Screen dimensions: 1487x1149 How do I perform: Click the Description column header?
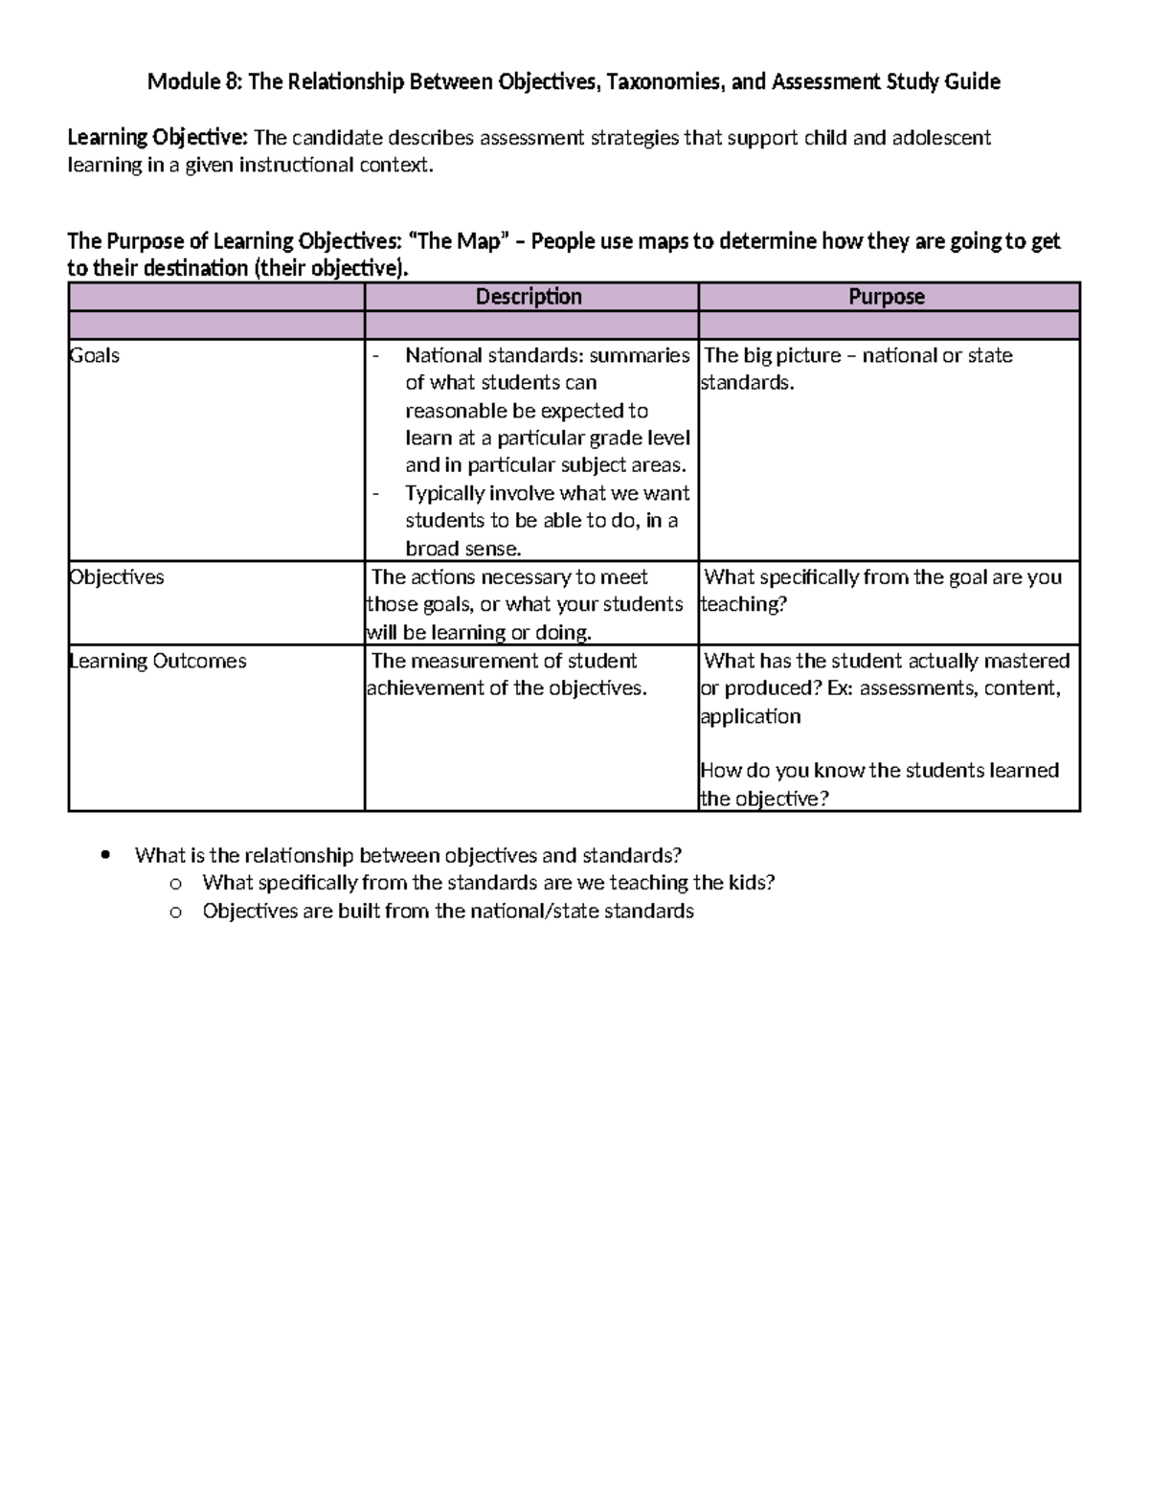coord(529,297)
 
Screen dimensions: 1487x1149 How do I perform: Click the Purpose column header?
coord(887,297)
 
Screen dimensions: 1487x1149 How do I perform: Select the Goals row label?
coord(95,355)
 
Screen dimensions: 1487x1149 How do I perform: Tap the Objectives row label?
coord(117,577)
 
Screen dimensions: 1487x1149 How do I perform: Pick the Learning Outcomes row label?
coord(158,661)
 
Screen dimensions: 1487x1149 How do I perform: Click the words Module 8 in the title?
coord(193,82)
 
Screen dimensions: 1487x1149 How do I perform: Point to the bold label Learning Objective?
coord(158,138)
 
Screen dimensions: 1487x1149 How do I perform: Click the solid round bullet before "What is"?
coord(106,854)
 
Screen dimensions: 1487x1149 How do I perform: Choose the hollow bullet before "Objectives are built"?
coord(175,912)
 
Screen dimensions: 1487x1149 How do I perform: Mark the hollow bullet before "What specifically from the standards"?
coord(175,884)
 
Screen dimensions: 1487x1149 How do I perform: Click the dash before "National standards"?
coord(375,356)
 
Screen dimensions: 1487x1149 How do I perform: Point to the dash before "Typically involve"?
coord(375,494)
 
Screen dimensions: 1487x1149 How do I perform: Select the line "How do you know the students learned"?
coord(879,771)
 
